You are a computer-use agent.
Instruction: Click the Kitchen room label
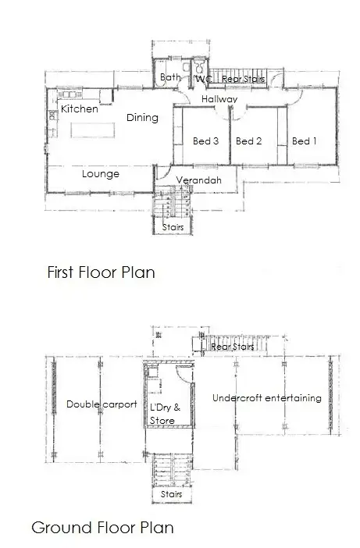[x=80, y=109]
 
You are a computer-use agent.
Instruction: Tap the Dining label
[x=142, y=118]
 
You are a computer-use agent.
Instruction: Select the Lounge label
[x=100, y=173]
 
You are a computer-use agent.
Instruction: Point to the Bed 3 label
[x=205, y=141]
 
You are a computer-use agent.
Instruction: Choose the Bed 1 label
[x=304, y=141]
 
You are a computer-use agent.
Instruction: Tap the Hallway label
[x=219, y=99]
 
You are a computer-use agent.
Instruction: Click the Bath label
[x=170, y=77]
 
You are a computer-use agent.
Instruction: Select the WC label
[x=203, y=80]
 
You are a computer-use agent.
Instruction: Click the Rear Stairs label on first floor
[x=243, y=79]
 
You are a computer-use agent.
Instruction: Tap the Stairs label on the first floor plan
[x=172, y=227]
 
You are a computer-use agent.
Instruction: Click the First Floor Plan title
[x=101, y=272]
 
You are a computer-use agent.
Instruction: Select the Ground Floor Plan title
[x=102, y=528]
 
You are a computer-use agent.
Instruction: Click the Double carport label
[x=102, y=404]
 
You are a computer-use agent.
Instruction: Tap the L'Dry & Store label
[x=165, y=414]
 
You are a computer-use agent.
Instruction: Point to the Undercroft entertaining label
[x=266, y=398]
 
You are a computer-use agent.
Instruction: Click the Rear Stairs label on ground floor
[x=233, y=346]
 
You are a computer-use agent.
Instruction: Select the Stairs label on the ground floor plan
[x=171, y=494]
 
